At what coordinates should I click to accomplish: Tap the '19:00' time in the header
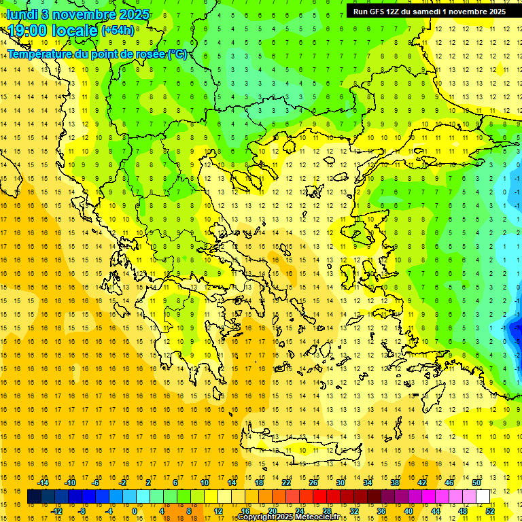coord(27,31)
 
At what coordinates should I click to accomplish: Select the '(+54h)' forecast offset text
coord(118,31)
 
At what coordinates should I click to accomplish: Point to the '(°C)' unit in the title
coord(177,54)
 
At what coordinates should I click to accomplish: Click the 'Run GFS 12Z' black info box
coord(429,12)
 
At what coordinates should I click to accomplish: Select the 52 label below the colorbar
coord(490,511)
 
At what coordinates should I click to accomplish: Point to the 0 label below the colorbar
coord(134,511)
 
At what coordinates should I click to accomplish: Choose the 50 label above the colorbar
coord(476,483)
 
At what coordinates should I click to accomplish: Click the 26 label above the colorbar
coord(313,483)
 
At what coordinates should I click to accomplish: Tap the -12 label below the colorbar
coord(57,511)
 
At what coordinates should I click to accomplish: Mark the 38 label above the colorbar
coord(394,483)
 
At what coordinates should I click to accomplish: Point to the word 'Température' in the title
coord(41,54)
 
